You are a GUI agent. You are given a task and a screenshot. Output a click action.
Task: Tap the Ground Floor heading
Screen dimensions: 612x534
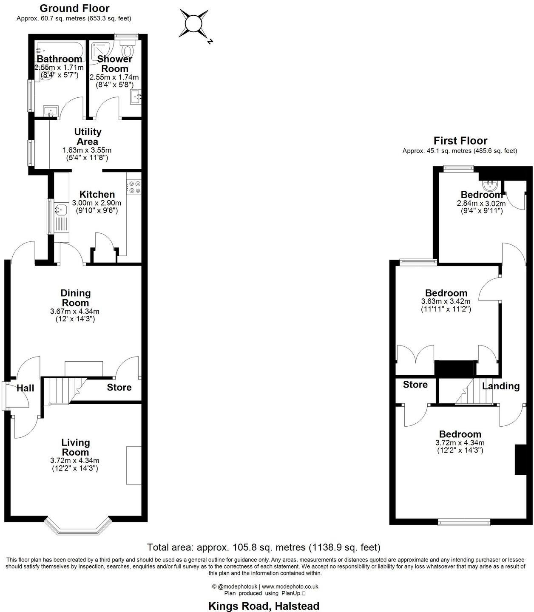[74, 8]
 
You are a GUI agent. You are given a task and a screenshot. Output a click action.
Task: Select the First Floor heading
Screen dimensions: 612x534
[460, 141]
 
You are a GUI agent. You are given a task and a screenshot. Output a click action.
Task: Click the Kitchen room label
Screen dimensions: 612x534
[97, 194]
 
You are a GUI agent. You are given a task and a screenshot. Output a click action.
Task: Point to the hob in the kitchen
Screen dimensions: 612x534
[134, 187]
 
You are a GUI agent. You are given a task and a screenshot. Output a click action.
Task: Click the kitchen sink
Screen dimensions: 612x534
[60, 210]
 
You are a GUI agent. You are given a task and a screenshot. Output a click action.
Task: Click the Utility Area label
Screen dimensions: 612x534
[88, 137]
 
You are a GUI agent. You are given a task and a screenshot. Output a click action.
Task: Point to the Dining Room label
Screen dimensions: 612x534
[75, 298]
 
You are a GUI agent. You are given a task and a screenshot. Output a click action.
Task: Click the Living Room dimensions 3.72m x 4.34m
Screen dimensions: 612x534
[75, 460]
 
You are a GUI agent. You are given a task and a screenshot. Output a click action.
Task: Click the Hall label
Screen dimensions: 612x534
[26, 388]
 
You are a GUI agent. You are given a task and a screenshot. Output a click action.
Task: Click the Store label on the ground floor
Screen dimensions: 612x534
[119, 387]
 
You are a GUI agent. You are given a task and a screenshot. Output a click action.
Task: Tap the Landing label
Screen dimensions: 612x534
[500, 386]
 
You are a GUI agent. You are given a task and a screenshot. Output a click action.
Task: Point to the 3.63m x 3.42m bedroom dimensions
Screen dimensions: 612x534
[446, 301]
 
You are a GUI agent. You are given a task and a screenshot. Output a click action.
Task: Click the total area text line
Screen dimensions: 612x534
[264, 547]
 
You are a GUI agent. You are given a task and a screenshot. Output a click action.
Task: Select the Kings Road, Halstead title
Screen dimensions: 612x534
[264, 606]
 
